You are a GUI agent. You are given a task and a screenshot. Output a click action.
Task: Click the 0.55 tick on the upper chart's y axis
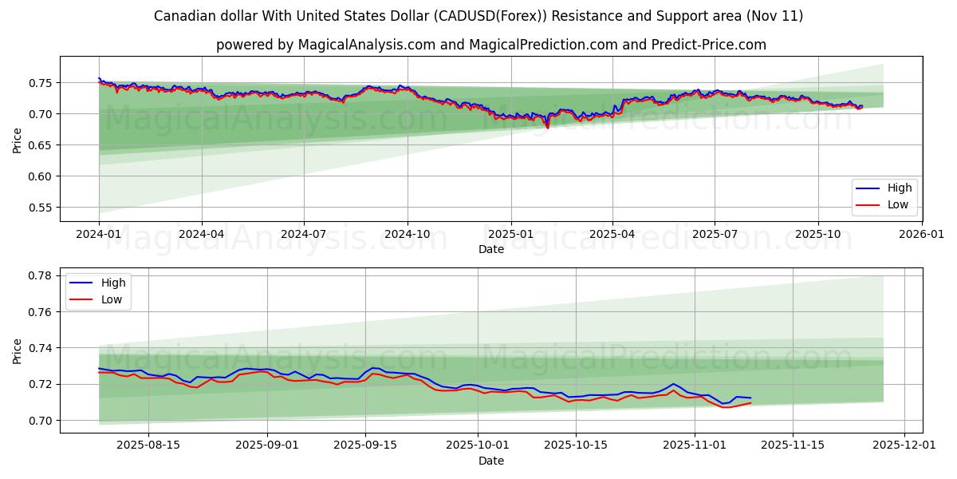point(41,208)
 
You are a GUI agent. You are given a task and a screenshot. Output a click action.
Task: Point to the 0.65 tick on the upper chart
point(41,145)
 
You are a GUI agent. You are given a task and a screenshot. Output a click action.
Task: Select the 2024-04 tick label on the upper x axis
point(201,235)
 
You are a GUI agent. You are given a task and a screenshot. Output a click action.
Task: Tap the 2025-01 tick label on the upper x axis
point(510,235)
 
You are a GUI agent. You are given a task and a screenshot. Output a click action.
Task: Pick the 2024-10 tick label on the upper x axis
point(408,235)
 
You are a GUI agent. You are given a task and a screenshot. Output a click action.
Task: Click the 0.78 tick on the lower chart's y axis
point(41,275)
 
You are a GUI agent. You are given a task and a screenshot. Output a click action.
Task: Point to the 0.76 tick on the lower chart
point(41,312)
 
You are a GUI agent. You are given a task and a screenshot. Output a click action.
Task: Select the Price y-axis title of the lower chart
point(18,350)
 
